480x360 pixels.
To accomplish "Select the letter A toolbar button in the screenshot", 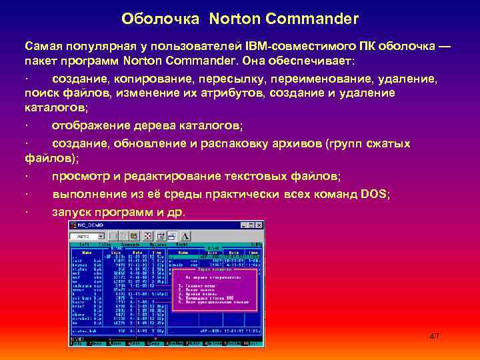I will [185, 236].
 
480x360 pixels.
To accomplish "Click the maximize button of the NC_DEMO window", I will [252, 226].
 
